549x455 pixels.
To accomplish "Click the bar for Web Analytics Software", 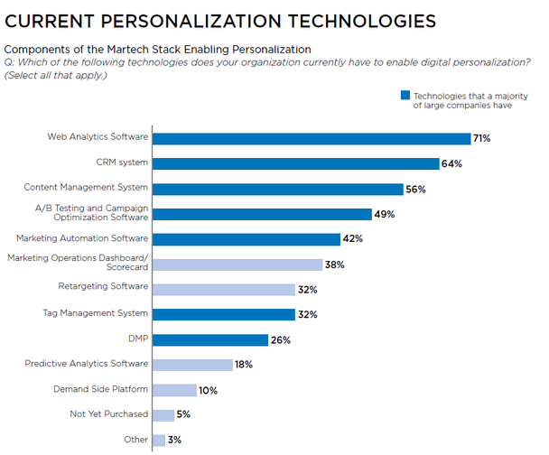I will pos(312,138).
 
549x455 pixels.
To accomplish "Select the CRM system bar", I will pos(294,163).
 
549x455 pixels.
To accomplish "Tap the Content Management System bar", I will pos(277,189).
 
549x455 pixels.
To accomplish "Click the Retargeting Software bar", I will pos(224,290).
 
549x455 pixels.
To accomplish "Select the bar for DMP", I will pos(210,339).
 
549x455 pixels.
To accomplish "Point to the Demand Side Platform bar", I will pos(174,390).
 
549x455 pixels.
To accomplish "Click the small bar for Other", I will pos(159,441).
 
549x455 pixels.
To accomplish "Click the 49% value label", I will pos(386,214).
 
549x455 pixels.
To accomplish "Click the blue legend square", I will pos(405,95).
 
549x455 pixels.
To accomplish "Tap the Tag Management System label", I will pos(95,312).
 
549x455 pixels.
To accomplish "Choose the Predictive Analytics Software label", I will pos(86,363).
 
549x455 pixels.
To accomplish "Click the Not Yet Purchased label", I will pos(108,413).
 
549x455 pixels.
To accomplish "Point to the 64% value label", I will pos(452,163).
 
